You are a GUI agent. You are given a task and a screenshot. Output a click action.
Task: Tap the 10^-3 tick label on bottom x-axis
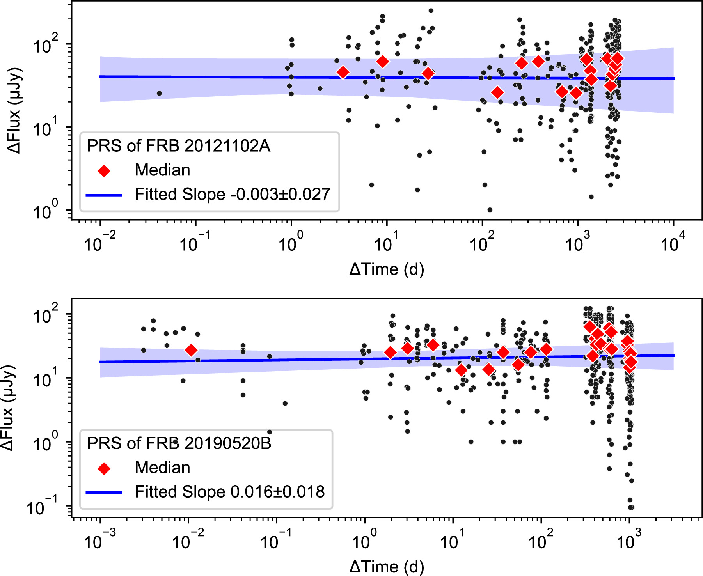pos(99,540)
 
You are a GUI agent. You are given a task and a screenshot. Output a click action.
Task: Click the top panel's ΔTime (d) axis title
pos(386,269)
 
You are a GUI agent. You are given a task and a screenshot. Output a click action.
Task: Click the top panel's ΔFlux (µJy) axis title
pos(15,111)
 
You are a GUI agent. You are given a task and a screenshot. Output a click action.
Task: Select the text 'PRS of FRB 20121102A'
pos(178,146)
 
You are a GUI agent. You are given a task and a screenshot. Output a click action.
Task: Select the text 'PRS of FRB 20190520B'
pos(179,443)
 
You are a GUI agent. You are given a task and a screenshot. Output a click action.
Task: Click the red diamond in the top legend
pos(104,170)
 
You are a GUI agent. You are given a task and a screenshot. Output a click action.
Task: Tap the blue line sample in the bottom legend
pos(104,493)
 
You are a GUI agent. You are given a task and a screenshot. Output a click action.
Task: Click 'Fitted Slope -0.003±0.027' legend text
pos(233,194)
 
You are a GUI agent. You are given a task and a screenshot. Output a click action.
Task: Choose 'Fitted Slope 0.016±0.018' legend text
pos(229,492)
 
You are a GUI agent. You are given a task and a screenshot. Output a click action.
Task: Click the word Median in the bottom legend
pos(162,468)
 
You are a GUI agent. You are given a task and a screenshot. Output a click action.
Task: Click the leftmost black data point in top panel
pos(159,93)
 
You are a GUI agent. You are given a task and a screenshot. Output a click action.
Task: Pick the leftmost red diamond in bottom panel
pos(191,350)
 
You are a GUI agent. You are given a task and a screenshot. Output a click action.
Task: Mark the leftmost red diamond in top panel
pos(343,72)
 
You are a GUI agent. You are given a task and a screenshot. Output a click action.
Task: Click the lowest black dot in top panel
pos(490,210)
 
